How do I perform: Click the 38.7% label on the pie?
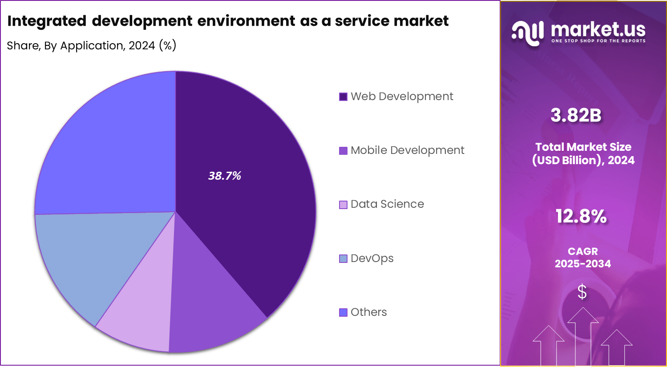point(225,176)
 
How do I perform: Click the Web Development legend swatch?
point(343,97)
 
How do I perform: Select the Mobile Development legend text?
point(407,150)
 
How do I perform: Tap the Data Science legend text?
point(387,204)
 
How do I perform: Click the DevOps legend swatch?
point(343,258)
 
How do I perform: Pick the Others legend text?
point(368,312)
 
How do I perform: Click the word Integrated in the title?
point(47,21)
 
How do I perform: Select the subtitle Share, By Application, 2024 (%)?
point(92,45)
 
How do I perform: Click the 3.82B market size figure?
point(576,115)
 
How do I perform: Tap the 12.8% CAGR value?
point(581,216)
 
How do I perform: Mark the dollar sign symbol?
point(582,292)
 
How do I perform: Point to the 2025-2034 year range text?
point(582,264)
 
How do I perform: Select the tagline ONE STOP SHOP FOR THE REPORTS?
point(598,41)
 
